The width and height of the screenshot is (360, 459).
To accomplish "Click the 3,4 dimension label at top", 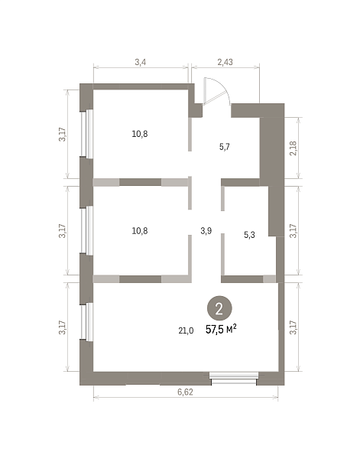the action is click(x=141, y=62).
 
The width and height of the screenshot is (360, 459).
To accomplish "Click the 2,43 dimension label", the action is click(x=225, y=62).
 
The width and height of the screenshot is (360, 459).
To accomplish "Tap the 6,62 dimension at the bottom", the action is click(x=186, y=392).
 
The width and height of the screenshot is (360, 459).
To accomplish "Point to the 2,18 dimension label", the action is click(x=294, y=148).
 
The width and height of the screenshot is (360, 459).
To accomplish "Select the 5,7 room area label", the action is click(x=225, y=147).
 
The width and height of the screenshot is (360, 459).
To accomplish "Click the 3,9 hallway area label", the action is click(x=206, y=231).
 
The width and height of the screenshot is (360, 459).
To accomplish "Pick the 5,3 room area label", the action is click(x=249, y=235).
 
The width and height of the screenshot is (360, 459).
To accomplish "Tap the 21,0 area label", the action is click(x=186, y=330).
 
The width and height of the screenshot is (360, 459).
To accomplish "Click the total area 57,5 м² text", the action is click(x=221, y=330).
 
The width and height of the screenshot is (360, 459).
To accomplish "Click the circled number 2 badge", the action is click(x=219, y=309).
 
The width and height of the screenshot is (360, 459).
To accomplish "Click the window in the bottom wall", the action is click(x=234, y=378).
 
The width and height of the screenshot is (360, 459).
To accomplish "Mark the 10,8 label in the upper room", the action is click(x=140, y=134).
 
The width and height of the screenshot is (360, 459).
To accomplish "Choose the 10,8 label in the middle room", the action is click(x=140, y=231).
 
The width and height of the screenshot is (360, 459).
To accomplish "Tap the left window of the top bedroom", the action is click(x=86, y=134).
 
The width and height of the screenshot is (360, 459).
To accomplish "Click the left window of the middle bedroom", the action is click(x=86, y=230).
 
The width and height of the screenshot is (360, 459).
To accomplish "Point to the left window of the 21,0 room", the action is click(x=86, y=322).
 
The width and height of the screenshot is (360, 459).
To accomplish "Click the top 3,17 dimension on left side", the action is click(x=62, y=135).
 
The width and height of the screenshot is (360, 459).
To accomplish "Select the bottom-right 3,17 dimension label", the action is click(x=294, y=327).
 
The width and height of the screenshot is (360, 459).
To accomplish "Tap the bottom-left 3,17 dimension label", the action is click(x=62, y=327).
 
